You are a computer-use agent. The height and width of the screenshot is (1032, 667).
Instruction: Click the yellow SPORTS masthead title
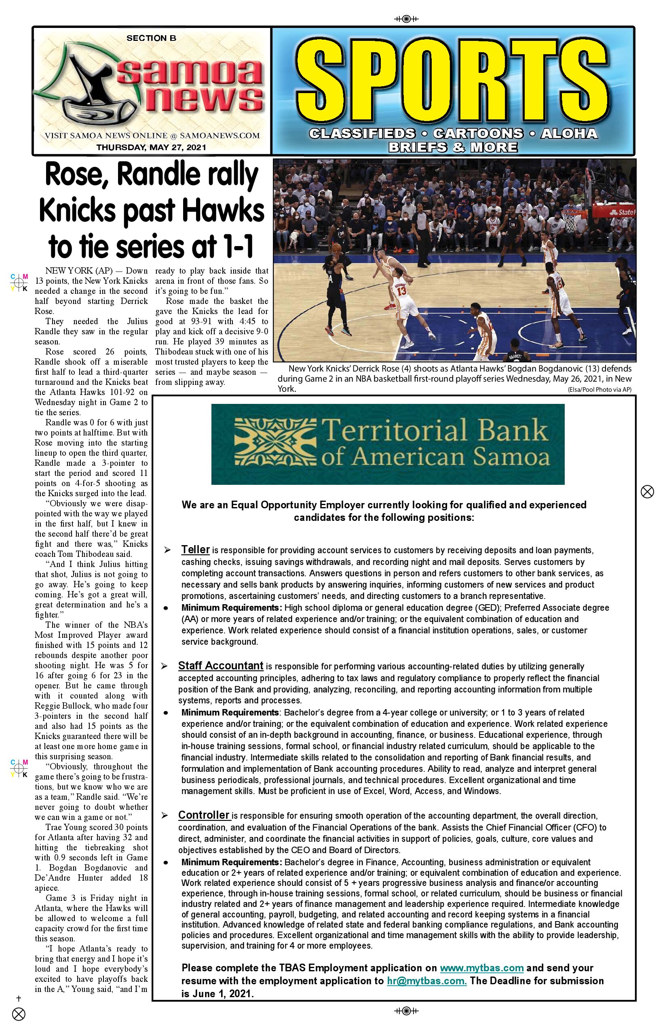[x=453, y=83]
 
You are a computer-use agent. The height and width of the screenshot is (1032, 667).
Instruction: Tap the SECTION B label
[x=151, y=38]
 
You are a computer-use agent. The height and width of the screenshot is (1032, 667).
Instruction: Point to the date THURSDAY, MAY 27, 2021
[x=151, y=147]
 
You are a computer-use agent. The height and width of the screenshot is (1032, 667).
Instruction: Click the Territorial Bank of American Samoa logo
[x=388, y=444]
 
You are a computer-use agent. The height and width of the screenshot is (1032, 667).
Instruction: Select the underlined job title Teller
[x=195, y=550]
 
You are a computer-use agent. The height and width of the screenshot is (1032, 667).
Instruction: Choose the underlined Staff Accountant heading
[x=220, y=666]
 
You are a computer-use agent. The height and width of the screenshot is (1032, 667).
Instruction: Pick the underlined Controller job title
[x=204, y=815]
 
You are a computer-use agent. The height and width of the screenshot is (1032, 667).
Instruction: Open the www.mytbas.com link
[x=481, y=968]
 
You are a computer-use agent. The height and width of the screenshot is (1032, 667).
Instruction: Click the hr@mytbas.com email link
[x=426, y=981]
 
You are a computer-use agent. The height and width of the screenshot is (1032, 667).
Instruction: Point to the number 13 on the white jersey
[x=402, y=291]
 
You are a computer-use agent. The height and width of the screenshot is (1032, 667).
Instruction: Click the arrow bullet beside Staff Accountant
[x=165, y=666]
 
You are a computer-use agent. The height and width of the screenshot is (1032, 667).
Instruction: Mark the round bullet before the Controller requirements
[x=166, y=862]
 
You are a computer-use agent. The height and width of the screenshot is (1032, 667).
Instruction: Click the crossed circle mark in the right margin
[x=647, y=492]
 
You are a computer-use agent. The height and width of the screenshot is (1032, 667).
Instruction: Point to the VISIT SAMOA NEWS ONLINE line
[x=152, y=136]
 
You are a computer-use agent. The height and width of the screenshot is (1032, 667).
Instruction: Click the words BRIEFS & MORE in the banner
[x=453, y=147]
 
